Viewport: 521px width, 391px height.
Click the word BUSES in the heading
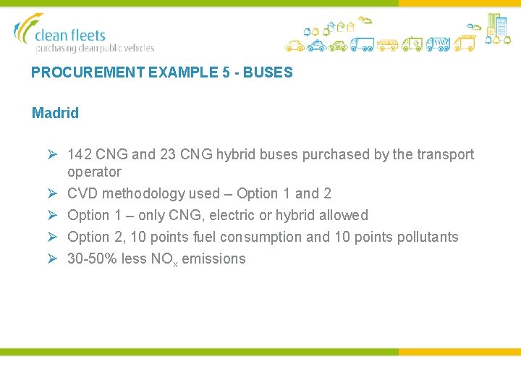point(269,72)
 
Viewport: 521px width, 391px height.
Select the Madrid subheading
point(55,113)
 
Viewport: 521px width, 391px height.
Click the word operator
point(94,172)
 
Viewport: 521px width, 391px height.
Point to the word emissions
point(213,258)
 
